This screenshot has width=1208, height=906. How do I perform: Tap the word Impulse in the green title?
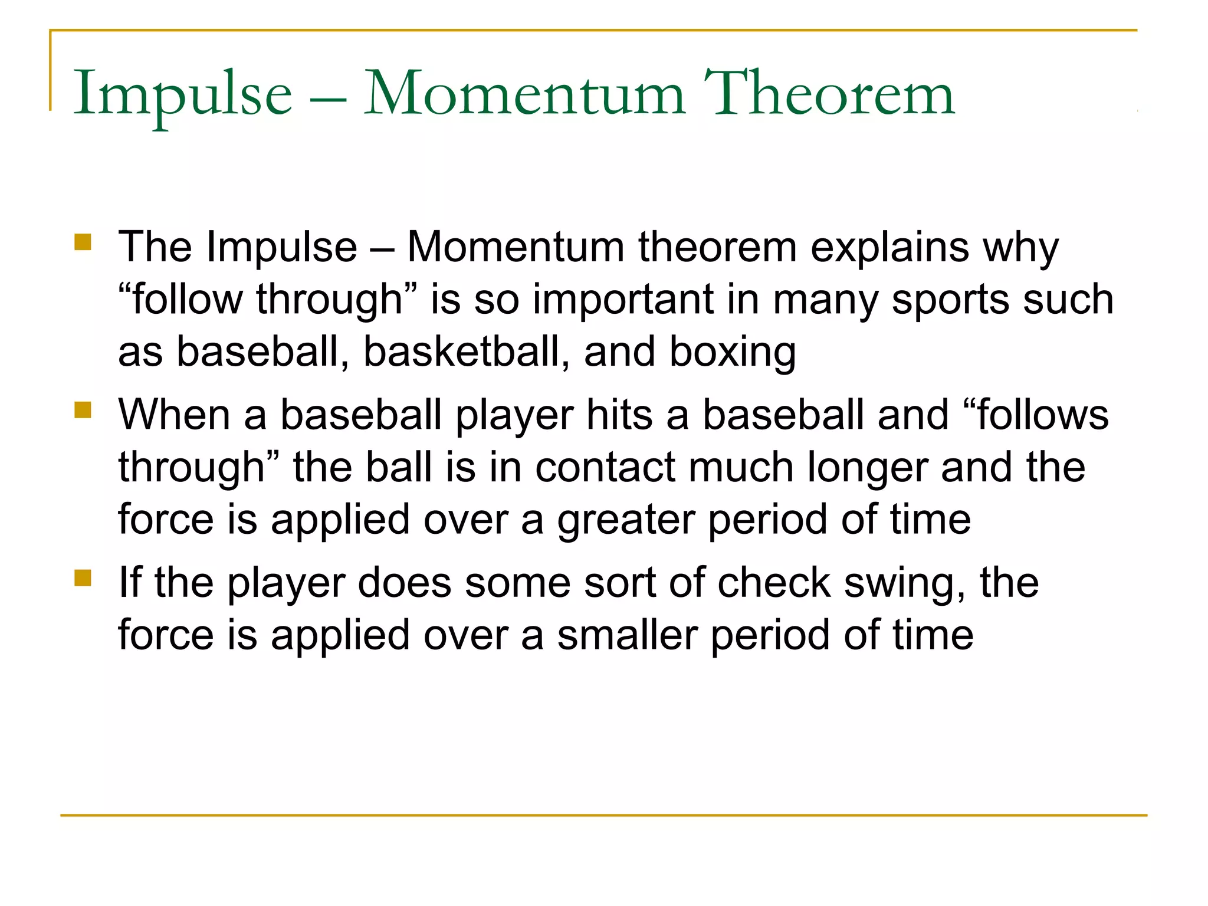[182, 94]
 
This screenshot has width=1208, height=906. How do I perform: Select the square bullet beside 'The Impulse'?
[83, 242]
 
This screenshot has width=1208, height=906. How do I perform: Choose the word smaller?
[628, 635]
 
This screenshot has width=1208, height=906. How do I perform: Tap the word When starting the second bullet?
[174, 415]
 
